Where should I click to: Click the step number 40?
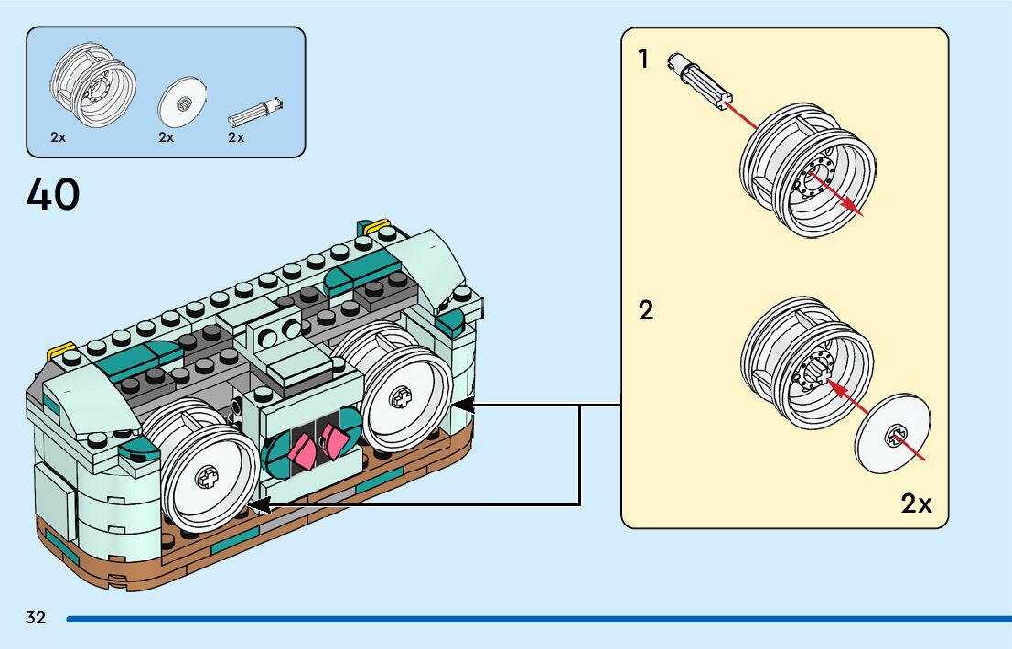coord(53,194)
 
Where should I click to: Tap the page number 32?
coord(36,618)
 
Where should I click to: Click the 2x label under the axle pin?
coord(236,137)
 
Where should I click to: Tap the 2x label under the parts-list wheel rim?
coord(59,137)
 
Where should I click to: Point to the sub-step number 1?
coord(643,59)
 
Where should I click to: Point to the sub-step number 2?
coord(646,311)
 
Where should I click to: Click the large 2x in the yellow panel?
coord(916,503)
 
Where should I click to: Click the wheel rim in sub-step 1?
coord(804,170)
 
